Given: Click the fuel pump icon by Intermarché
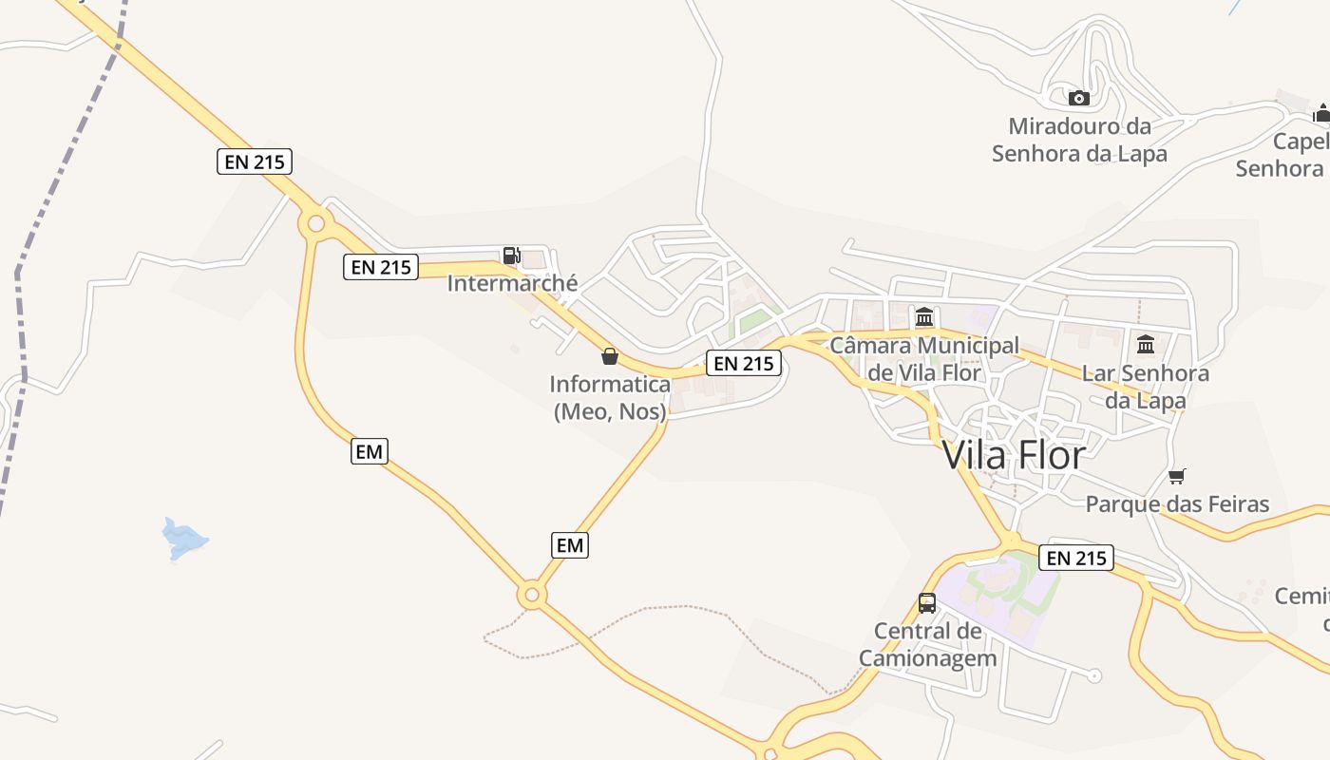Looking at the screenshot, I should (x=511, y=255).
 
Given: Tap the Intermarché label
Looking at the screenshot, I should (x=512, y=283).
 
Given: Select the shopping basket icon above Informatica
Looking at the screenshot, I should (x=610, y=357).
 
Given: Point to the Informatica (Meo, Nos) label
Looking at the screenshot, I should (x=610, y=398).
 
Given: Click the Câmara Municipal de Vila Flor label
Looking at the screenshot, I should (x=924, y=358).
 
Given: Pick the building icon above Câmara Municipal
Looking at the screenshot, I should (x=924, y=316).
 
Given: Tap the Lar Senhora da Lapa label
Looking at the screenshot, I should (x=1146, y=387).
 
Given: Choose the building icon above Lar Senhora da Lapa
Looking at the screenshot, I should (x=1146, y=344).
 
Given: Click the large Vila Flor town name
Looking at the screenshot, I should (x=1014, y=456).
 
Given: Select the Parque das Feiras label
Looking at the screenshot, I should (x=1177, y=503).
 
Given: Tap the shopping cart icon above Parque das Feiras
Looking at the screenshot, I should (x=1177, y=476).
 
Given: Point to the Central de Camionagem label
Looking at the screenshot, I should (x=928, y=644).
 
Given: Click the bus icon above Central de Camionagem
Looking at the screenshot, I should (x=927, y=603).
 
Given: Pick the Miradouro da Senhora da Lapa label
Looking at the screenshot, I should (x=1079, y=140).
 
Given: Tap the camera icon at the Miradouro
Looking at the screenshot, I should (x=1078, y=98).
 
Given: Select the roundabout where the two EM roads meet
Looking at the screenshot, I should (x=532, y=596).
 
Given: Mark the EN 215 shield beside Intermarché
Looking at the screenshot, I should (x=381, y=267).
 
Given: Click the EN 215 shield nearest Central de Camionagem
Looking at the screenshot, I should (x=1076, y=558).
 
